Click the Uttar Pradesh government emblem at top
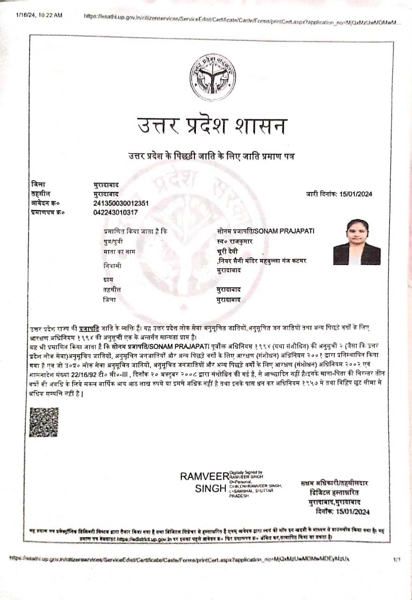tap(212, 78)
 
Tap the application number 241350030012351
tap(121, 203)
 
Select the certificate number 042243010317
tap(116, 212)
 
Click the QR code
tap(44, 422)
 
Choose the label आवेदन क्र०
tap(45, 203)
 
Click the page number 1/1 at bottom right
tap(397, 559)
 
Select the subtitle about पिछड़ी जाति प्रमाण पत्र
tap(212, 155)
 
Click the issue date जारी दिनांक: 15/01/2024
tap(339, 194)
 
